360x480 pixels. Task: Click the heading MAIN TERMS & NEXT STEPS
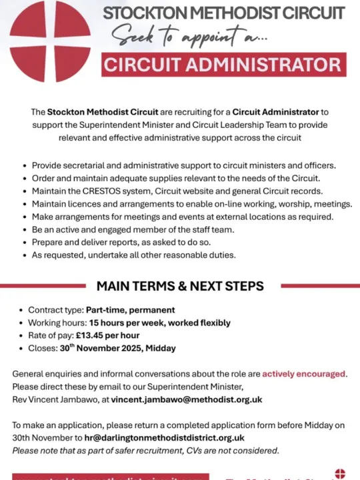coord(180,286)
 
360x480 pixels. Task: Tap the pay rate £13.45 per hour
coord(111,335)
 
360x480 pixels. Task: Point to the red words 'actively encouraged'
coord(304,373)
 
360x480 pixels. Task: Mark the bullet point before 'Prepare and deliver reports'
coord(25,242)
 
